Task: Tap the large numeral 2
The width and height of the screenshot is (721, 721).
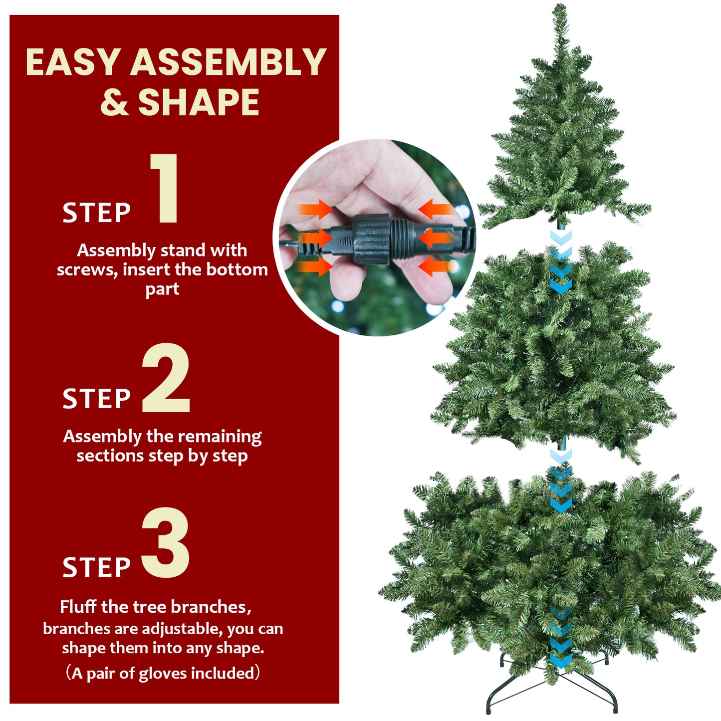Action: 166,378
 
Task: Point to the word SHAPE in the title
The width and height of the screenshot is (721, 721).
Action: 199,103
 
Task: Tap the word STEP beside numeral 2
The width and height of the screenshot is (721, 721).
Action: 96,399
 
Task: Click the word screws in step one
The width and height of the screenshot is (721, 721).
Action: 87,270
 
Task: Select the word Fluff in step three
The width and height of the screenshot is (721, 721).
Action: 78,607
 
